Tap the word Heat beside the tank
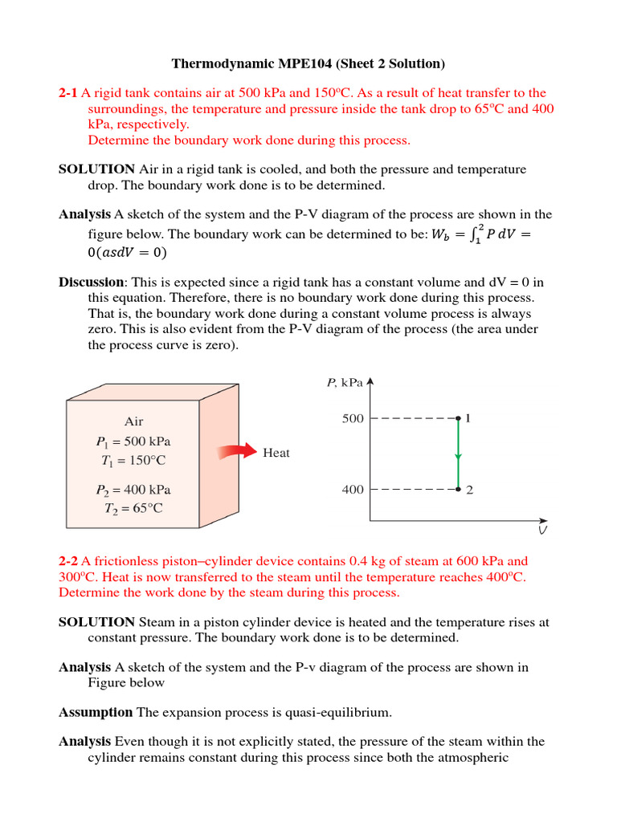pyautogui.click(x=276, y=453)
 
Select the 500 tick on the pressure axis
pyautogui.click(x=353, y=418)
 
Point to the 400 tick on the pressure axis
pyautogui.click(x=353, y=490)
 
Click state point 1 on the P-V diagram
pyautogui.click(x=458, y=418)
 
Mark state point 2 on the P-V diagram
pyautogui.click(x=458, y=489)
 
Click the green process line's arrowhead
pyautogui.click(x=458, y=456)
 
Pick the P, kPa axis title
pyautogui.click(x=345, y=383)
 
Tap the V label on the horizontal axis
pyautogui.click(x=543, y=531)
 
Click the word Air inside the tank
pyautogui.click(x=133, y=421)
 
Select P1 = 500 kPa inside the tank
pyautogui.click(x=133, y=442)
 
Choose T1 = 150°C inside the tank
pyautogui.click(x=133, y=461)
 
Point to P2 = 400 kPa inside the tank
pyautogui.click(x=133, y=490)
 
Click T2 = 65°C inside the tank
pyautogui.click(x=133, y=509)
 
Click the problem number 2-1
pyautogui.click(x=68, y=93)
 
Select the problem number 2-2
pyautogui.click(x=68, y=561)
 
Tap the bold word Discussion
pyautogui.click(x=92, y=282)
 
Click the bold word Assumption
pyautogui.click(x=96, y=712)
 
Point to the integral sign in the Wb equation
pyautogui.click(x=472, y=236)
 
